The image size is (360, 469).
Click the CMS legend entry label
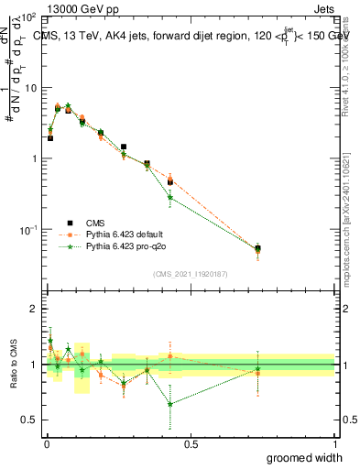pos(95,223)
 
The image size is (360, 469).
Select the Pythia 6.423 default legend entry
pos(126,234)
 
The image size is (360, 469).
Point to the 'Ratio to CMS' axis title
pos(13,364)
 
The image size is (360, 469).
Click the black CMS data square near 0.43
pos(170,181)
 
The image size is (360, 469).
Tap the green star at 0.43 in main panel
pos(170,197)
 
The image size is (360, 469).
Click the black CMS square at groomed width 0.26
pos(124,147)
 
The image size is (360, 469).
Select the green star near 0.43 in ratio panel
pos(170,404)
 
